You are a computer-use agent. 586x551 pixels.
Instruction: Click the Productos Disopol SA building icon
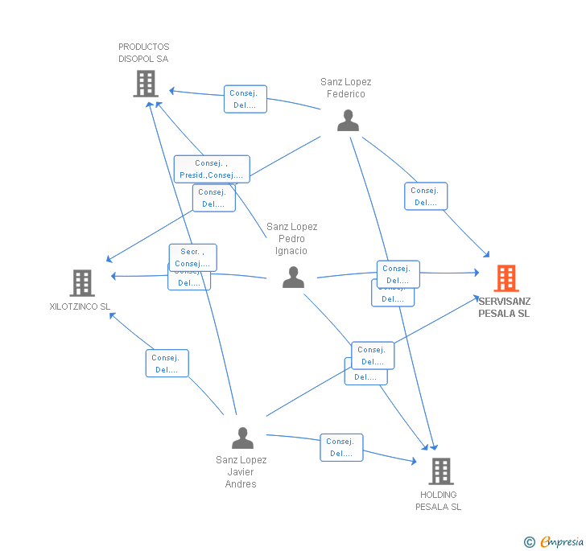pyautogui.click(x=146, y=84)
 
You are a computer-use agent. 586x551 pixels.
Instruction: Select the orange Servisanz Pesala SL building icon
pyautogui.click(x=506, y=278)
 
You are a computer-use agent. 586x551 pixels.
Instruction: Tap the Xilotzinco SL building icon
pyautogui.click(x=82, y=283)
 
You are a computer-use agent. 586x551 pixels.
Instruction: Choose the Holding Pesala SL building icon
pyautogui.click(x=440, y=471)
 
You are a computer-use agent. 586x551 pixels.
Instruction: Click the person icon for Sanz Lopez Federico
pyautogui.click(x=348, y=121)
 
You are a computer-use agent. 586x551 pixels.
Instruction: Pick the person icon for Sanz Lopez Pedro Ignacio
pyautogui.click(x=294, y=278)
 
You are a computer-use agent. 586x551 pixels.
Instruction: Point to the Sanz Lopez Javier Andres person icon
pyautogui.click(x=242, y=438)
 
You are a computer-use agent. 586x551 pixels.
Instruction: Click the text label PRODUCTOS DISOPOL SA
pyautogui.click(x=144, y=53)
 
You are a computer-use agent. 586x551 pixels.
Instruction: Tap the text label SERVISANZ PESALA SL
pyautogui.click(x=504, y=307)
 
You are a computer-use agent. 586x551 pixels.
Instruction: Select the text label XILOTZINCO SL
pyautogui.click(x=80, y=306)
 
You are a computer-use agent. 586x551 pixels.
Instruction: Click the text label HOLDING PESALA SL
pyautogui.click(x=439, y=500)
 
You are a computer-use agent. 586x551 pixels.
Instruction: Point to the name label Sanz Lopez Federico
pyautogui.click(x=345, y=88)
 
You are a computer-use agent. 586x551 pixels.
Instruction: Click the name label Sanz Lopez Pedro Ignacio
pyautogui.click(x=292, y=239)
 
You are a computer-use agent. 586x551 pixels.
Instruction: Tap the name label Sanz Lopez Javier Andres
pyautogui.click(x=241, y=472)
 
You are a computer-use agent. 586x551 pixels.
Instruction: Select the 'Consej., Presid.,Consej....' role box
pyautogui.click(x=212, y=169)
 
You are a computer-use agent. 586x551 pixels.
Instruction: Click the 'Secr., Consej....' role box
pyautogui.click(x=192, y=257)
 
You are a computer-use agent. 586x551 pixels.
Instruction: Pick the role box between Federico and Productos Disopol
pyautogui.click(x=246, y=99)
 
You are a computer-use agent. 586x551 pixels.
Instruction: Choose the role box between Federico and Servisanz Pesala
pyautogui.click(x=425, y=196)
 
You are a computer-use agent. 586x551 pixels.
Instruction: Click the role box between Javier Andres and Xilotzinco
pyautogui.click(x=167, y=364)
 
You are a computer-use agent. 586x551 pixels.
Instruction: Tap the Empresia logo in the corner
pyautogui.click(x=554, y=541)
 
